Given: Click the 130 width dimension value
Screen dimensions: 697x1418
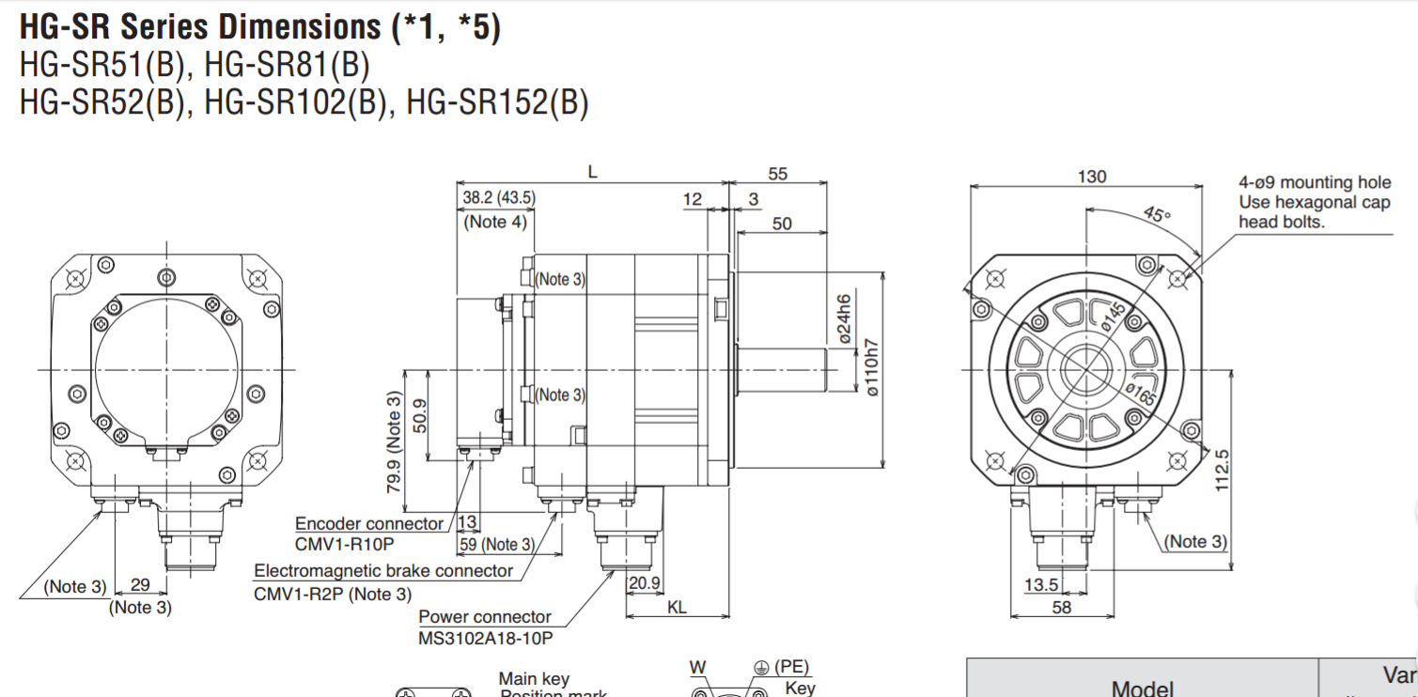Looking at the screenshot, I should pyautogui.click(x=1091, y=177).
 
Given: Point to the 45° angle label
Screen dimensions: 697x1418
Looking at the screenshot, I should pyautogui.click(x=1158, y=213).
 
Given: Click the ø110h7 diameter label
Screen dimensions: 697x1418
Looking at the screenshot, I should pyautogui.click(x=871, y=366).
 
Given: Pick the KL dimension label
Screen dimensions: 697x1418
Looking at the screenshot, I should pyautogui.click(x=677, y=607).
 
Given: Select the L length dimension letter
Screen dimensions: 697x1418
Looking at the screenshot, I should pyautogui.click(x=592, y=173).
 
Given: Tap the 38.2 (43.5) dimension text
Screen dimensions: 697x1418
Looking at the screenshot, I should pyautogui.click(x=499, y=197).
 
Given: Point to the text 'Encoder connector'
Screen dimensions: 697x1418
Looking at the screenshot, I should pyautogui.click(x=369, y=523).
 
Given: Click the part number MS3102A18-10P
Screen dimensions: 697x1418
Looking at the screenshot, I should pyautogui.click(x=485, y=638).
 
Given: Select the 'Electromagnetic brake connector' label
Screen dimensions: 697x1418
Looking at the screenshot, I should pyautogui.click(x=383, y=570).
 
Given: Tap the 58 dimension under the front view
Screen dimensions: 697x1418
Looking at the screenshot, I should pyautogui.click(x=1061, y=607).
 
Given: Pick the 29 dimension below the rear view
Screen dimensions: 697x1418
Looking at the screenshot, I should pyautogui.click(x=140, y=584).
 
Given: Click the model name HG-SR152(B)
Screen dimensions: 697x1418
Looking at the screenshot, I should pyautogui.click(x=497, y=101).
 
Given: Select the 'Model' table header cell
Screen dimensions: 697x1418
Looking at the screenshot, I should pyautogui.click(x=1142, y=688).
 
